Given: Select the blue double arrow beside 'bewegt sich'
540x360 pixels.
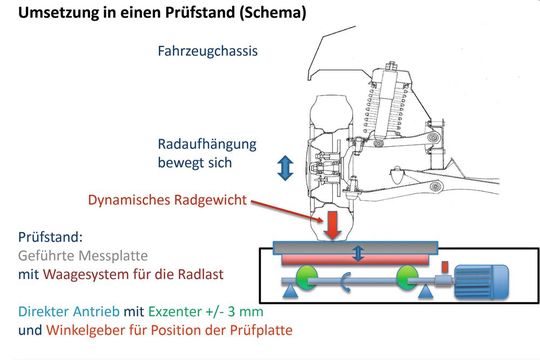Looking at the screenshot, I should (285, 168).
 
